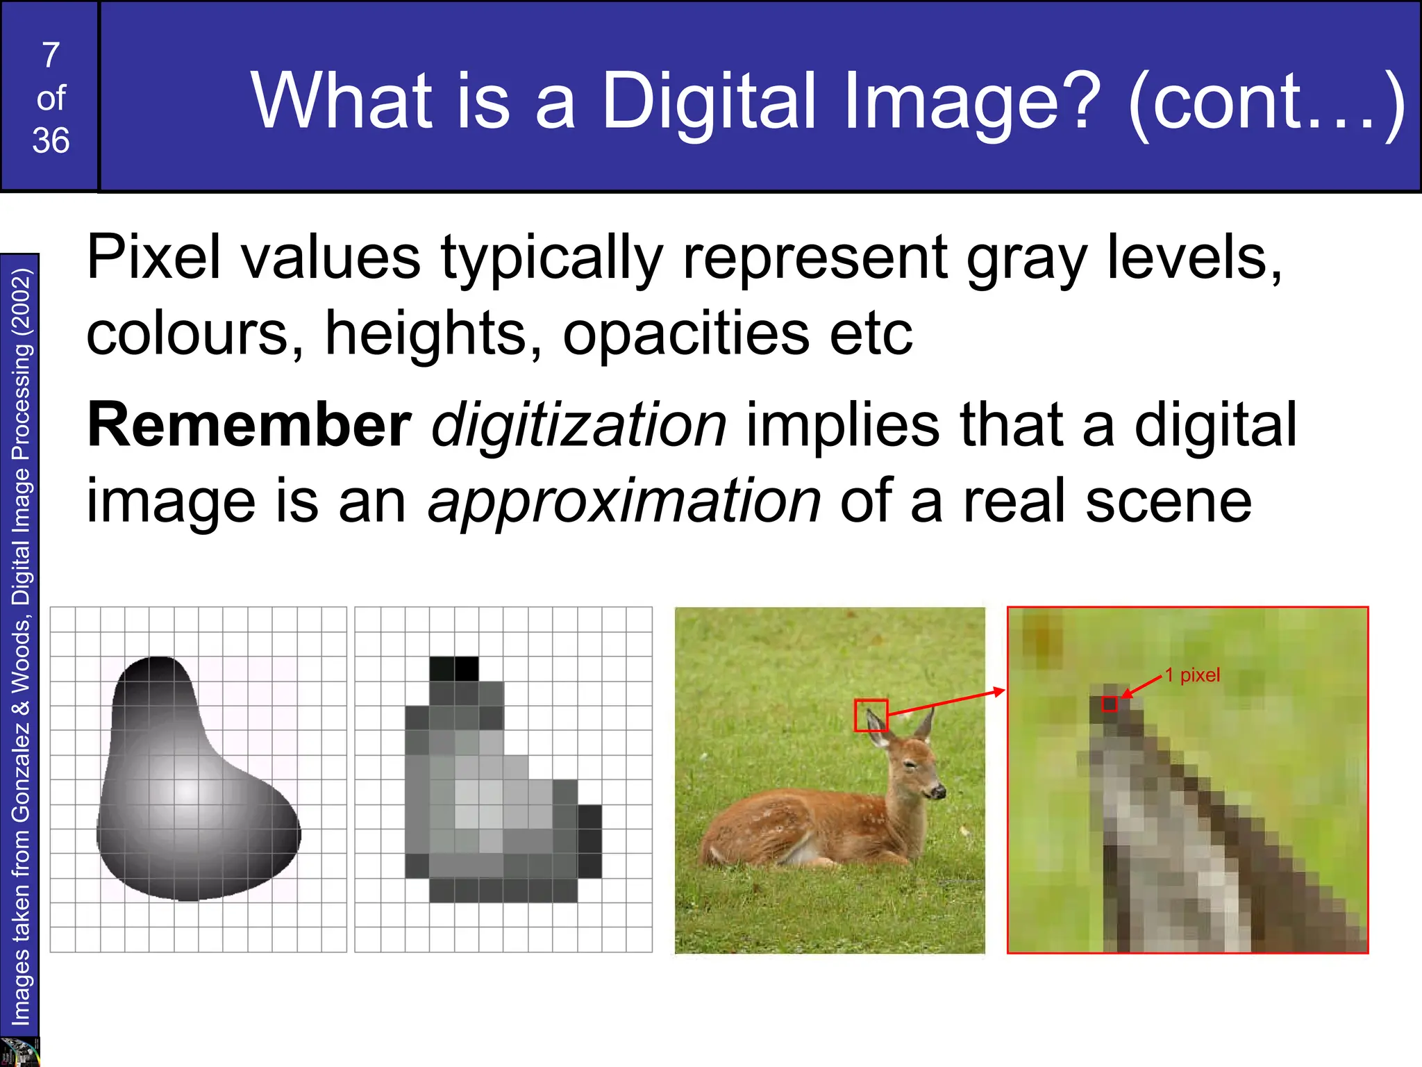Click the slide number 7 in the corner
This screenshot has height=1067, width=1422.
51,56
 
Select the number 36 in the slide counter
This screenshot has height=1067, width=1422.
51,141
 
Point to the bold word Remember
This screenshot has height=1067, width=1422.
249,425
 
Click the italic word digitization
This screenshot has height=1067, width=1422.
579,425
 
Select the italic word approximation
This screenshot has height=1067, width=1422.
624,502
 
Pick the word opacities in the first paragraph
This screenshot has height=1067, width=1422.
686,333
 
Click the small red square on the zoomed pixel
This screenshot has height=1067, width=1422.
1110,704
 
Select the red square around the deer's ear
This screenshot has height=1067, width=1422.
871,715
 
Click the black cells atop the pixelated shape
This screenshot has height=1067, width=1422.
454,668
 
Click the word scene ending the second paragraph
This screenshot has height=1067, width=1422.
1169,502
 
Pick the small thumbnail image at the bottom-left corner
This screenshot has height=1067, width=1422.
19,1052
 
